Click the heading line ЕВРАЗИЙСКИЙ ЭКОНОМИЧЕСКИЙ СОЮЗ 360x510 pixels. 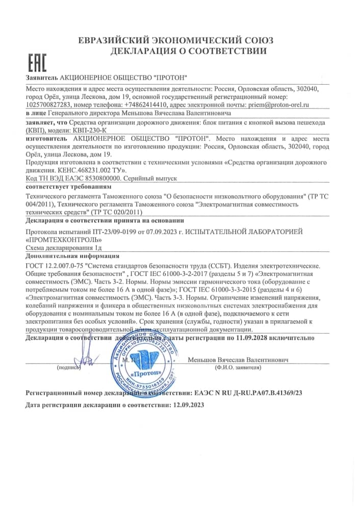click(x=176, y=40)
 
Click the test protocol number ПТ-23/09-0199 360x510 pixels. click(x=95, y=232)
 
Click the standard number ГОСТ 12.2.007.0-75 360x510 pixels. click(x=55, y=266)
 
